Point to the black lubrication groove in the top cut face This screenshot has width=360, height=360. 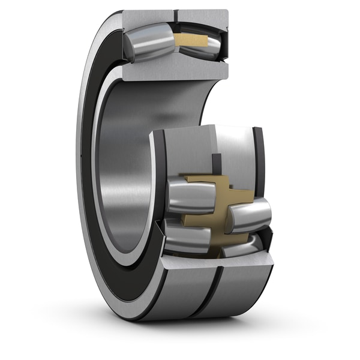176,13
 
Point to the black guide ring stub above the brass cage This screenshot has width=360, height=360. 217,163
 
